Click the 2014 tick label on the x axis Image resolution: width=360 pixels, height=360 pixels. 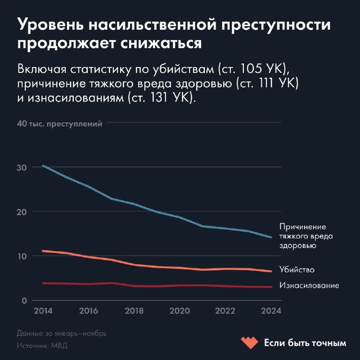pos(43,311)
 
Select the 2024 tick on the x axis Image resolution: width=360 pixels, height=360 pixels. pos(272,311)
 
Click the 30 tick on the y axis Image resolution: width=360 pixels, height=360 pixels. pos(22,167)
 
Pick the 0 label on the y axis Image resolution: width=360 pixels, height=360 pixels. pos(25,301)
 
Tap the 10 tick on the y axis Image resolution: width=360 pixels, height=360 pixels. pos(22,256)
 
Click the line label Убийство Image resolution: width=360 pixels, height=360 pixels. pos(297,270)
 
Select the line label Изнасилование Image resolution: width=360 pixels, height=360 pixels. pos(309,285)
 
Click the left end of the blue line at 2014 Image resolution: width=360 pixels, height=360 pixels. pos(43,166)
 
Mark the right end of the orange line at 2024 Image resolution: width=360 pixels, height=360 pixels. pos(271,271)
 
